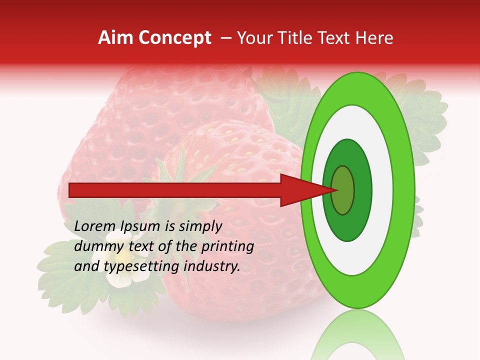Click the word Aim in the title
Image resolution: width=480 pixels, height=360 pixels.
[115, 38]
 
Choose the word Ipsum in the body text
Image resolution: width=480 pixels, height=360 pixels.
[140, 226]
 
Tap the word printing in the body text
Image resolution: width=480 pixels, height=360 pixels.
[227, 246]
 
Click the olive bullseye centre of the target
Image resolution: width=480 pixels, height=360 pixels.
[343, 190]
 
